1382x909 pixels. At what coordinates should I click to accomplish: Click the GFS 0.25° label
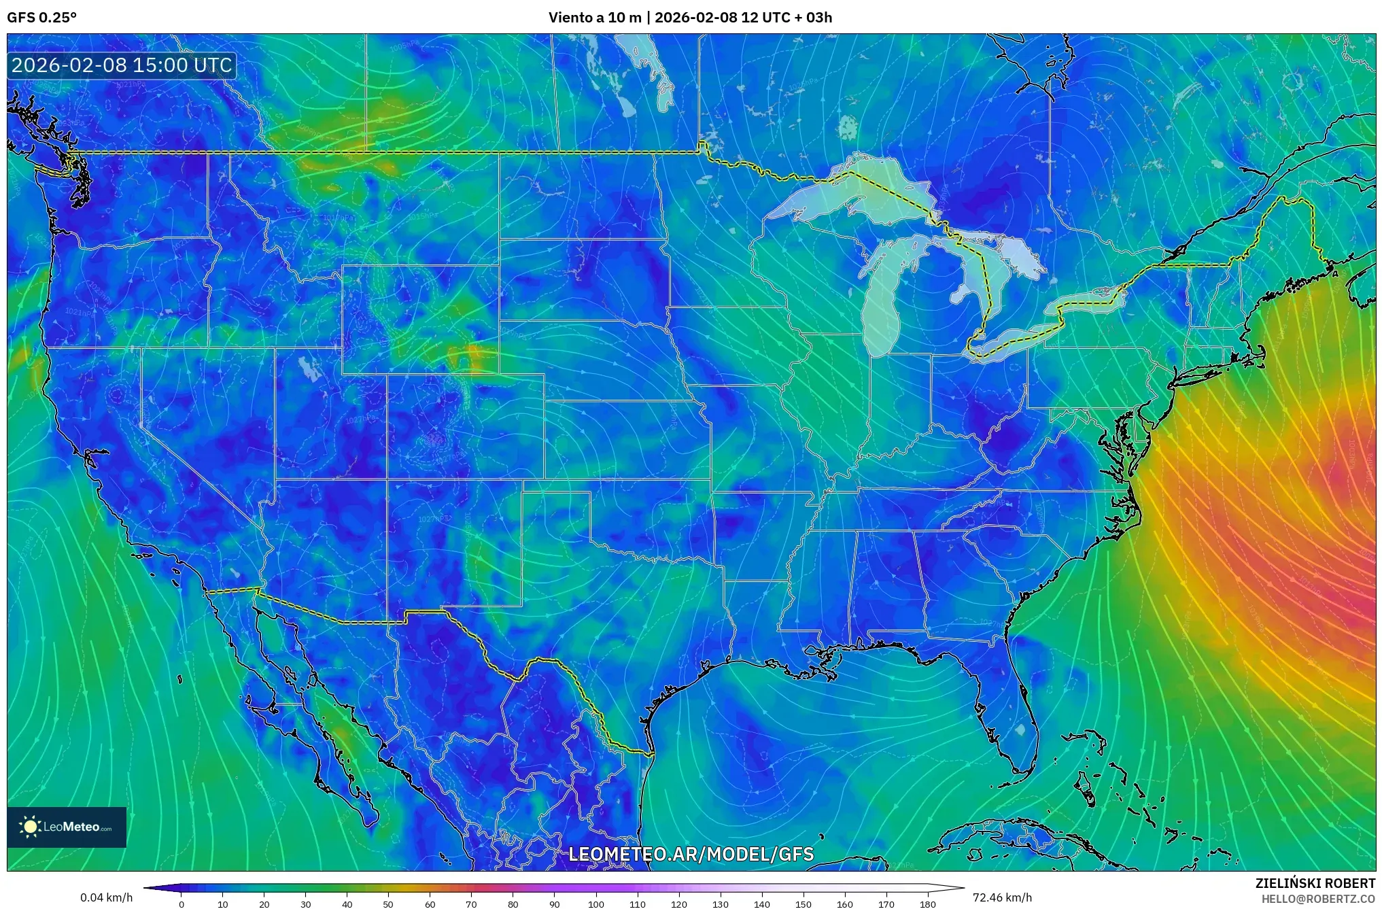point(41,18)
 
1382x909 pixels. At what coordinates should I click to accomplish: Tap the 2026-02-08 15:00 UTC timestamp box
point(122,65)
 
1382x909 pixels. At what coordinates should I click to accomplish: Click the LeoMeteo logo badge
point(67,827)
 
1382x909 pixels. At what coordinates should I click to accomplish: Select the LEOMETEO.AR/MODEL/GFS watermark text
point(691,854)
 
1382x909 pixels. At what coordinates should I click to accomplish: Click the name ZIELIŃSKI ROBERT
point(1315,883)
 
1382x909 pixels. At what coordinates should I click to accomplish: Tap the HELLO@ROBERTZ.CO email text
point(1318,898)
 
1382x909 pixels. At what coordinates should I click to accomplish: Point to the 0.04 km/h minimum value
point(106,897)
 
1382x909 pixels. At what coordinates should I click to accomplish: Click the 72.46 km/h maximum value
point(1002,897)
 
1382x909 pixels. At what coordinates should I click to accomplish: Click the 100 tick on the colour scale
point(596,904)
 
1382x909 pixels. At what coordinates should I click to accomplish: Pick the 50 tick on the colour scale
point(388,904)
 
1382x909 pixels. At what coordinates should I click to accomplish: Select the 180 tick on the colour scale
point(927,904)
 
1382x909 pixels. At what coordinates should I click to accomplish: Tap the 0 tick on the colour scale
point(181,904)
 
